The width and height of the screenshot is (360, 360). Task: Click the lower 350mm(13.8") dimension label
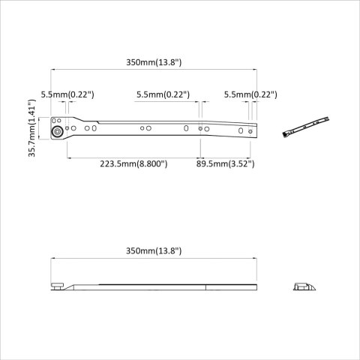154,250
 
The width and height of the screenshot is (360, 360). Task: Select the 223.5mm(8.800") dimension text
133,163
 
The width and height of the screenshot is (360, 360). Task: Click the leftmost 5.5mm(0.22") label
67,94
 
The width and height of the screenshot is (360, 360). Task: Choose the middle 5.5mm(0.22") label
163,94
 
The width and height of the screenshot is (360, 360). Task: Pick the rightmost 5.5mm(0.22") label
250,94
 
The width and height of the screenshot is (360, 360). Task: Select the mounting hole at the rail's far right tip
252,132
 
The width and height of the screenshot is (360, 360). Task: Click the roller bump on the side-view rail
57,286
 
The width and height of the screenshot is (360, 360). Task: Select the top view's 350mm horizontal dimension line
154,70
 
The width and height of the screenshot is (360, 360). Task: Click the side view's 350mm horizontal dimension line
154,259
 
